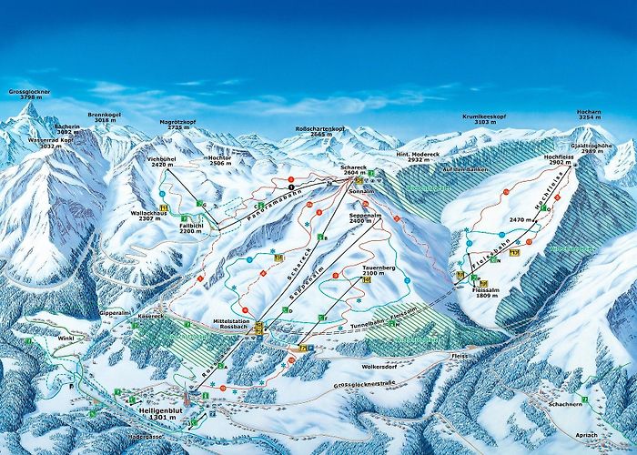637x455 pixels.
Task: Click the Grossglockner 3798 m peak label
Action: [29, 96]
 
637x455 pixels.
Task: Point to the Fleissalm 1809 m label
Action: [489, 292]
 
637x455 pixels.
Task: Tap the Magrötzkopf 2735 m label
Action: [179, 125]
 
